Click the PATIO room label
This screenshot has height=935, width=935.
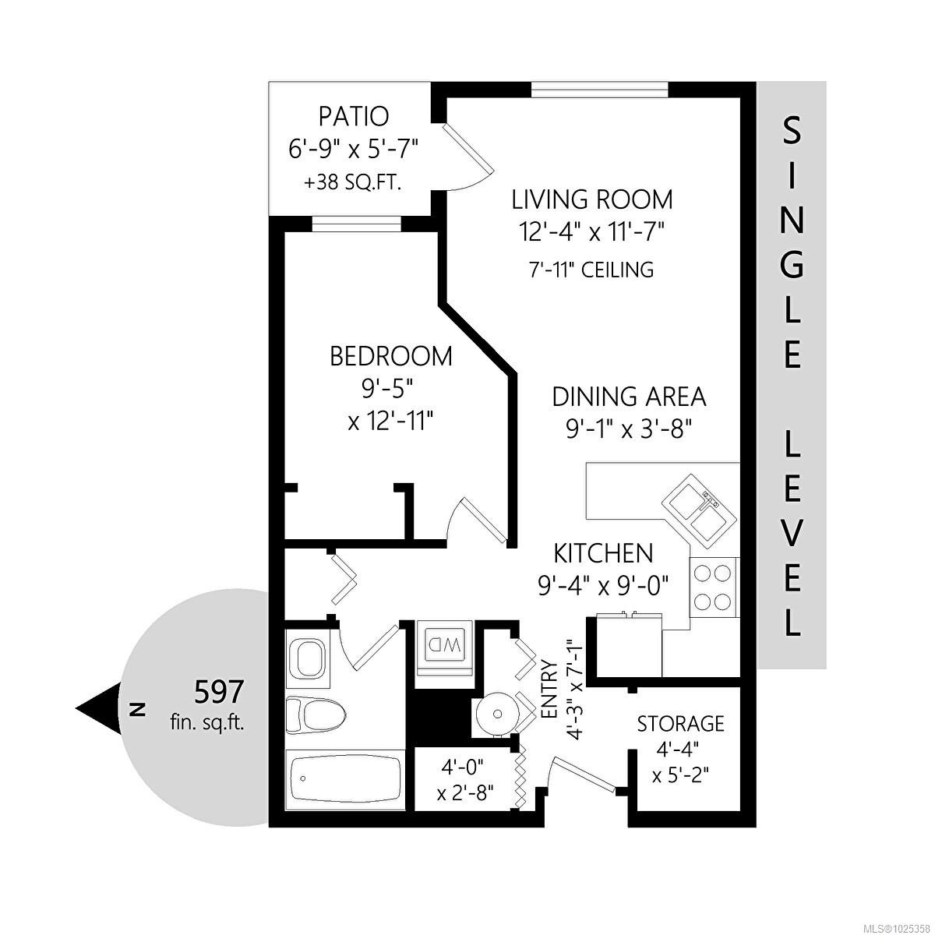pos(353,117)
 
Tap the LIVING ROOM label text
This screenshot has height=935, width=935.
pos(591,199)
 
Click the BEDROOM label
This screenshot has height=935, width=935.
pos(390,357)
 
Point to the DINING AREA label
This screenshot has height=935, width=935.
pos(629,397)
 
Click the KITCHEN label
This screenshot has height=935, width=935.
pos(602,553)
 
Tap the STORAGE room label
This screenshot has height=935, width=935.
pos(680,724)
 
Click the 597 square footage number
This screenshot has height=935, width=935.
pos(219,691)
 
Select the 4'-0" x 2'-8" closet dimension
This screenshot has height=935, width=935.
pos(464,780)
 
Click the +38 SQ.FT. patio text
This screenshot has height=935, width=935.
pos(352,183)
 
